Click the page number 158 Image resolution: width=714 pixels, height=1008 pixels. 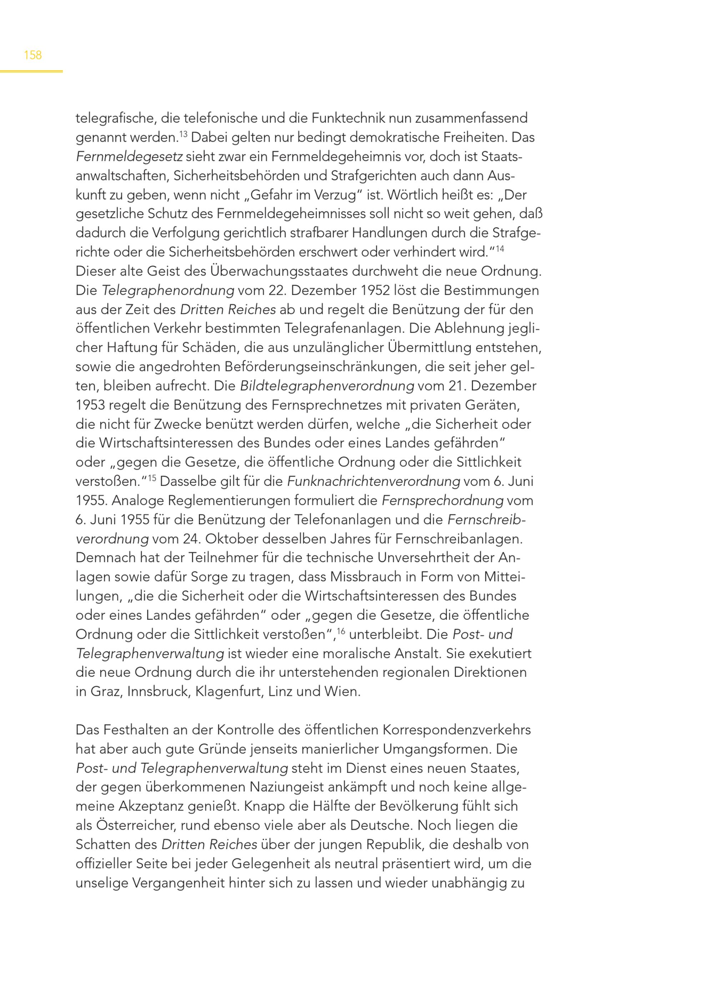click(32, 55)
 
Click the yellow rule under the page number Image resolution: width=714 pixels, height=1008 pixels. click(31, 71)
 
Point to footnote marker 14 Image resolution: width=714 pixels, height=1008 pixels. click(499, 249)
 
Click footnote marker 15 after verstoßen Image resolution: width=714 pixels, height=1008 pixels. click(152, 478)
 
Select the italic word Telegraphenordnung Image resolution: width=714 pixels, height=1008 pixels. click(168, 291)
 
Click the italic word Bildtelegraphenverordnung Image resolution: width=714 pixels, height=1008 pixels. click(327, 386)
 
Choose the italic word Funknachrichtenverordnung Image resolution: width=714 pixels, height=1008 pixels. click(373, 482)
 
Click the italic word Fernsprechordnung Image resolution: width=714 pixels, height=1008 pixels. click(442, 501)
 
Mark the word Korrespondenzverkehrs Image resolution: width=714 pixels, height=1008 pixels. click(457, 730)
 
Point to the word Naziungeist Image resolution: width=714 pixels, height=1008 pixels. click(291, 788)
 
